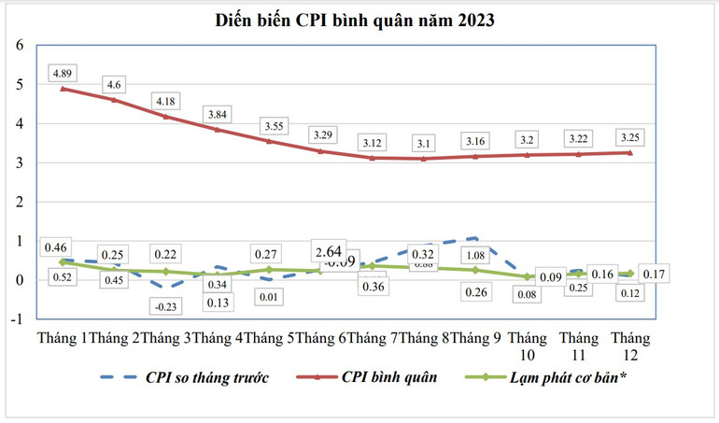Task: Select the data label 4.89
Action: pyautogui.click(x=63, y=72)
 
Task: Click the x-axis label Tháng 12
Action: pyautogui.click(x=630, y=347)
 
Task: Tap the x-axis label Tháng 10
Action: pyautogui.click(x=529, y=347)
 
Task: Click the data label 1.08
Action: pyautogui.click(x=476, y=255)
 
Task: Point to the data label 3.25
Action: pyautogui.click(x=629, y=137)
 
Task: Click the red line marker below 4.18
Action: pyautogui.click(x=166, y=117)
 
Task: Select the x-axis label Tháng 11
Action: pyautogui.click(x=579, y=347)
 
